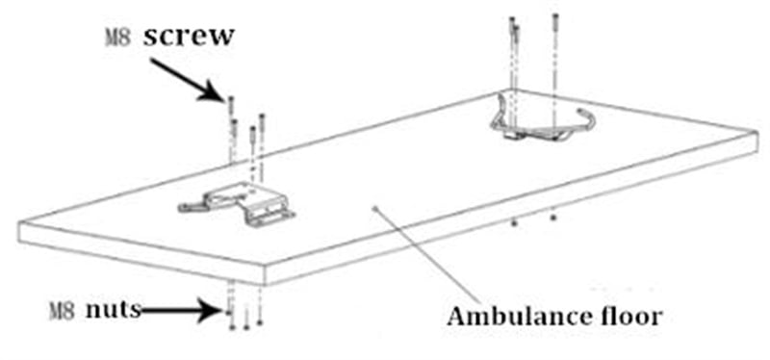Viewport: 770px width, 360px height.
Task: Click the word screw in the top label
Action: click(x=188, y=37)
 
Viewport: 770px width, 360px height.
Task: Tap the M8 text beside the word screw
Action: click(x=117, y=38)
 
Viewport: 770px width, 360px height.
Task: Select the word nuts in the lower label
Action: click(x=114, y=309)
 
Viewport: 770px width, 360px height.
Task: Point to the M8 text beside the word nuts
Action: click(x=63, y=312)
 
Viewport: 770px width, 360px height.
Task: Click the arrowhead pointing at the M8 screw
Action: click(x=214, y=93)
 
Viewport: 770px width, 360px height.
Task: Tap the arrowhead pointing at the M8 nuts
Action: click(x=209, y=310)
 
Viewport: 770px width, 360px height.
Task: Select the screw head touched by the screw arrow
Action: click(x=231, y=100)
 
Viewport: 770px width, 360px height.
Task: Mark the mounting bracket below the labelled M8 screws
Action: click(x=237, y=204)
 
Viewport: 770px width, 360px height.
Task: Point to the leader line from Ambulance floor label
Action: click(x=427, y=254)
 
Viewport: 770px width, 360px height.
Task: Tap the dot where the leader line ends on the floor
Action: click(x=374, y=208)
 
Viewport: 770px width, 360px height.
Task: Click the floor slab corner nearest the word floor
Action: click(x=757, y=132)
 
